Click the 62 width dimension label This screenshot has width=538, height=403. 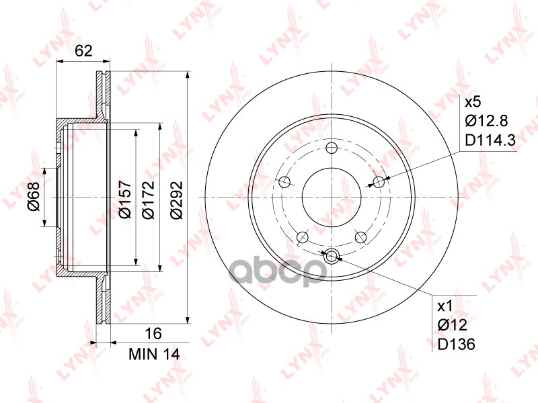point(83,51)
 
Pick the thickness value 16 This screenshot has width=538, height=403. point(153,332)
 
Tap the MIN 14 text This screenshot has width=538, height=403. point(154,354)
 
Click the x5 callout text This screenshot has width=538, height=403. point(473,102)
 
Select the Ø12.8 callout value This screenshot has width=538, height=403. point(486,121)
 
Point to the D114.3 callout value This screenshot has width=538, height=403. point(490,140)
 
